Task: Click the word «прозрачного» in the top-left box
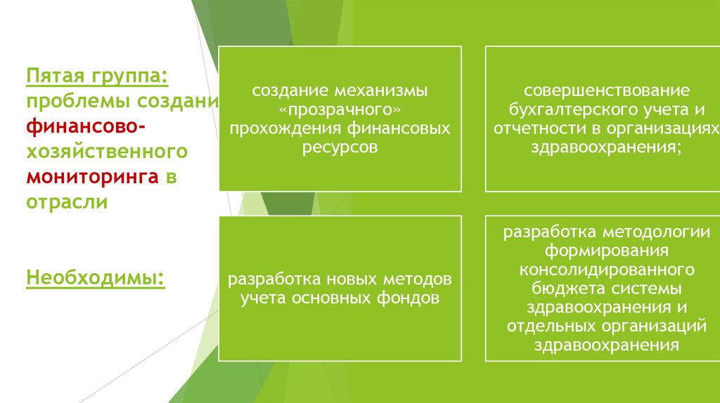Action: click(x=340, y=111)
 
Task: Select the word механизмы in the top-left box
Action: click(x=390, y=92)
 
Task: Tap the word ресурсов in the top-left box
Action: click(x=340, y=147)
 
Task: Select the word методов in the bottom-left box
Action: click(x=416, y=279)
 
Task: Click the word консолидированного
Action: click(x=608, y=270)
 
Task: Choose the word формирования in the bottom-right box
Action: click(x=608, y=251)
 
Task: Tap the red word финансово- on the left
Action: click(x=86, y=125)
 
